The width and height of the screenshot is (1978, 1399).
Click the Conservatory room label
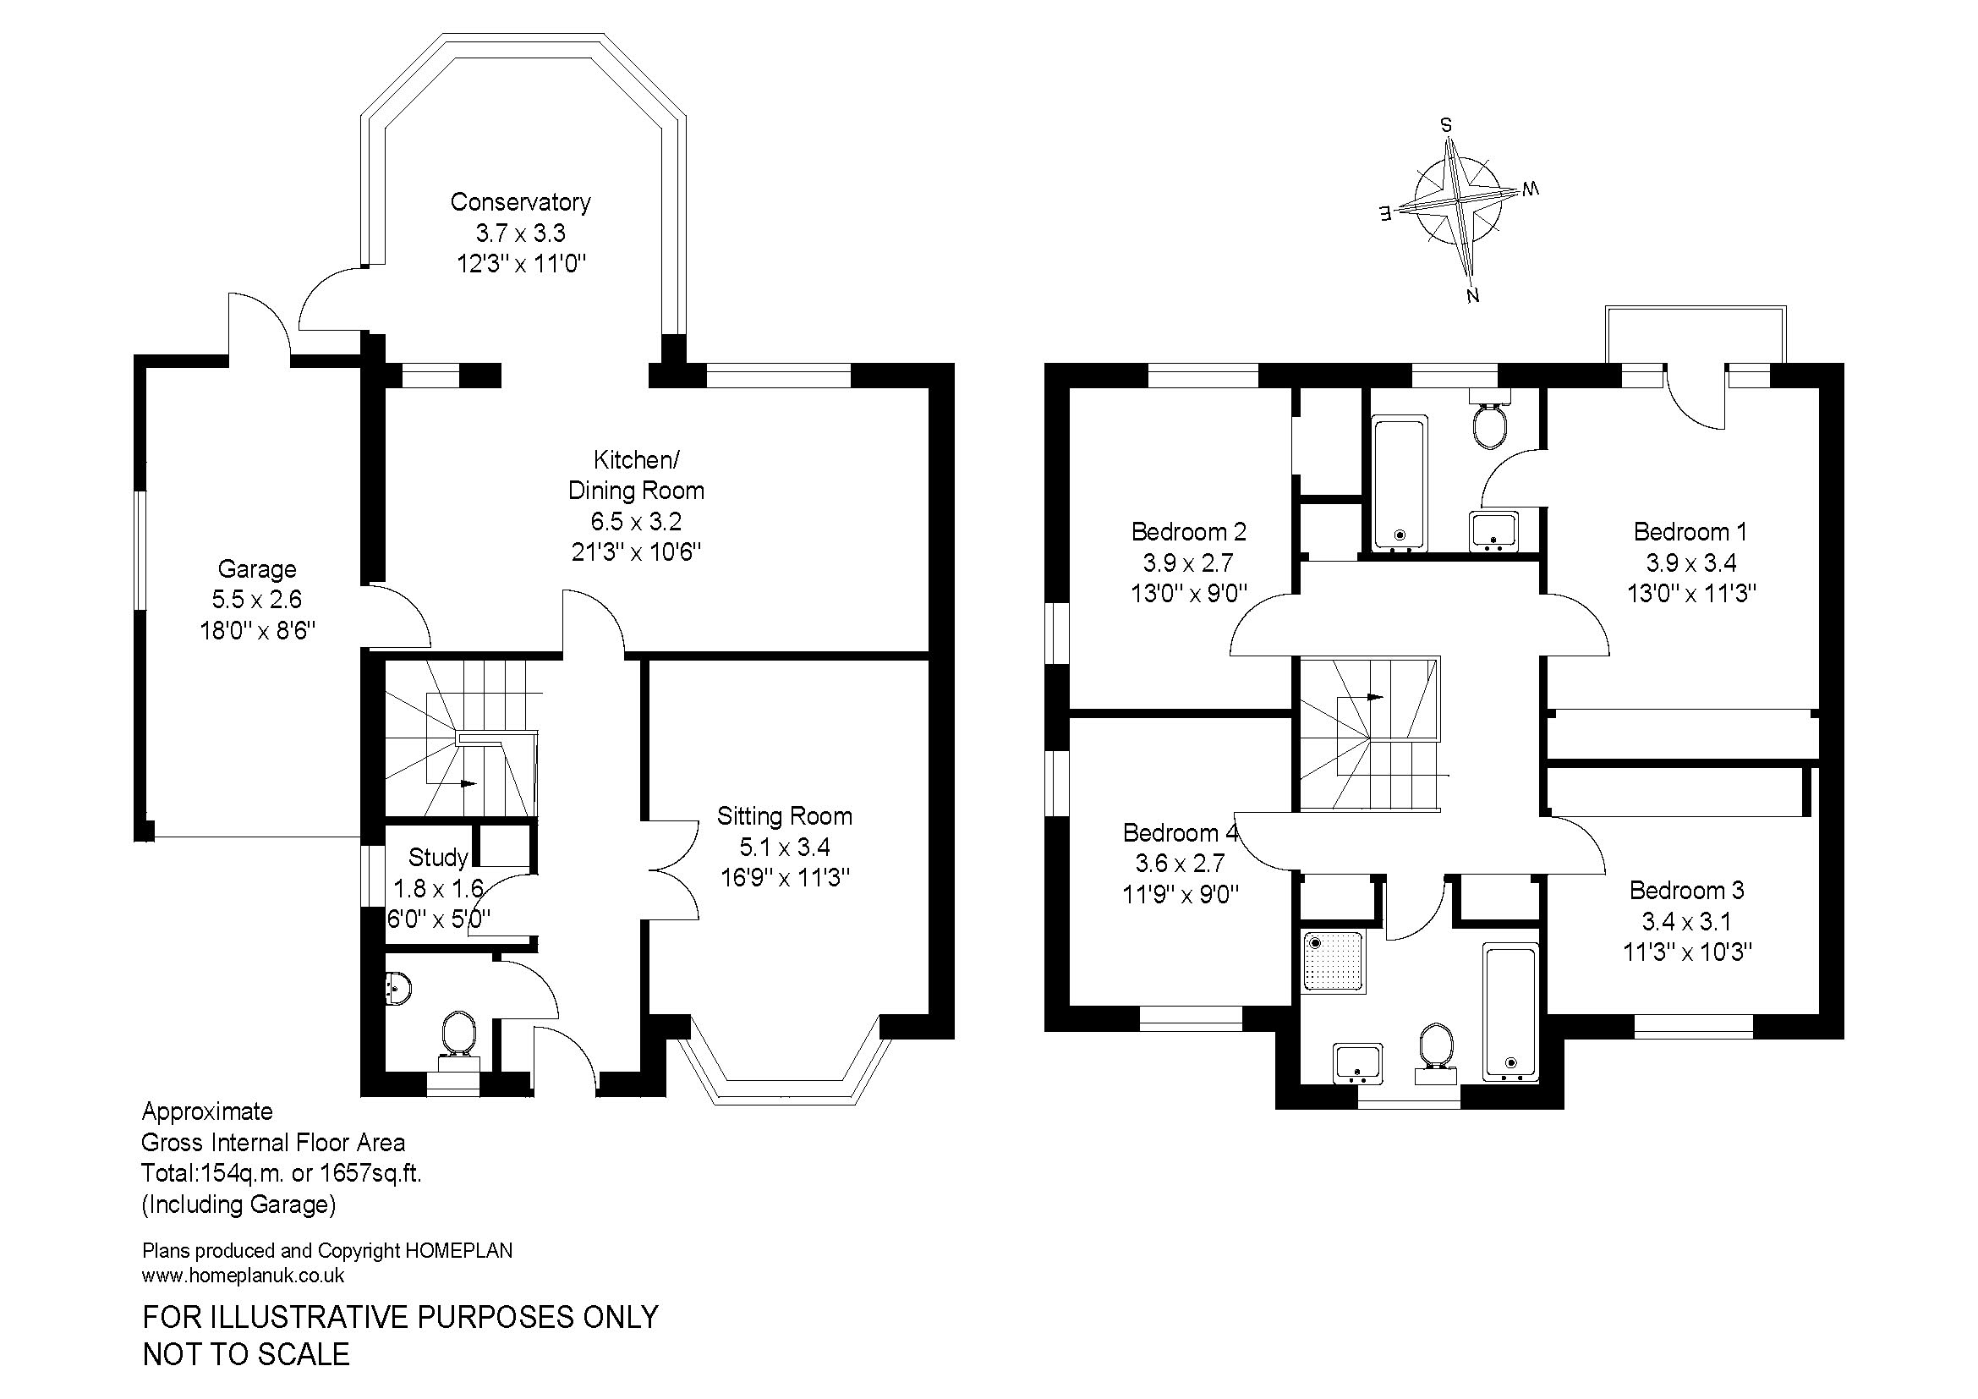point(520,201)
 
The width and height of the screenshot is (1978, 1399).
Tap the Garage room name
point(257,568)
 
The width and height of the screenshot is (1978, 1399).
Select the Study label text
point(438,857)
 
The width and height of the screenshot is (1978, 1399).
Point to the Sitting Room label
point(784,815)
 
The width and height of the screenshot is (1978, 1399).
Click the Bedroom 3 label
point(1686,890)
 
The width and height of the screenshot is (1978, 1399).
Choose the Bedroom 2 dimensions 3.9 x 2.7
point(1188,562)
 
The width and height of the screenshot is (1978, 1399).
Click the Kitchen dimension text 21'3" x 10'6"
point(637,552)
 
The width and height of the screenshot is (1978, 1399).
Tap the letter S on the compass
point(1446,126)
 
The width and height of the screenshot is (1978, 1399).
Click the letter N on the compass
point(1472,296)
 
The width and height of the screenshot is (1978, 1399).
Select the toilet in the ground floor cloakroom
point(458,1038)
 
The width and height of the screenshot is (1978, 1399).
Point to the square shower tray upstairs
point(1333,962)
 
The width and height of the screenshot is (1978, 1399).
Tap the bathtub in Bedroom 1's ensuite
point(1400,483)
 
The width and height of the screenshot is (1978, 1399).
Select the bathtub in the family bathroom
point(1510,1012)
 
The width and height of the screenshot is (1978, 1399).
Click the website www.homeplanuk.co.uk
point(243,1276)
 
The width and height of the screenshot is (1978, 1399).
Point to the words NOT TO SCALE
point(246,1355)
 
